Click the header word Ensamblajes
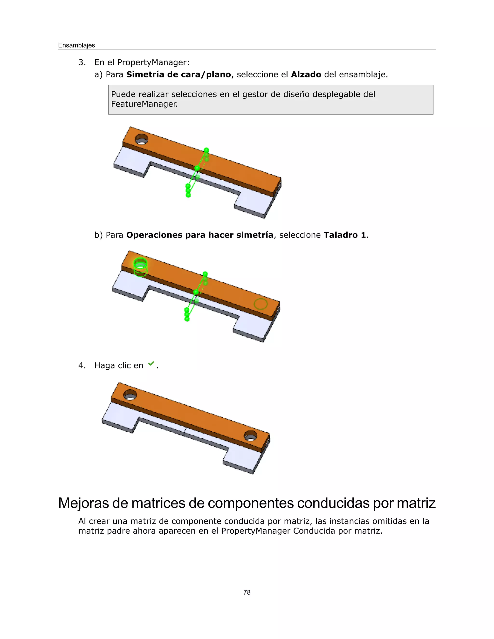[76, 45]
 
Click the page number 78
[247, 592]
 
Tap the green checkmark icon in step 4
[151, 364]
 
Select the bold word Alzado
[306, 75]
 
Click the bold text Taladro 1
[345, 235]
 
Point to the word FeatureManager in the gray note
[144, 104]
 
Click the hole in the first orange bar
[141, 139]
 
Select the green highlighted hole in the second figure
[140, 265]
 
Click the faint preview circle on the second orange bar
[261, 304]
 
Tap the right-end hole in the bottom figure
[251, 436]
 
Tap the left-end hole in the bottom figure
[130, 395]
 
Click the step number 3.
[82, 62]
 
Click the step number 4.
[82, 365]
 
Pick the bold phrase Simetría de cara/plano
[178, 75]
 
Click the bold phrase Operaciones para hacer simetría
[199, 235]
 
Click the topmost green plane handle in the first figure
[206, 150]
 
